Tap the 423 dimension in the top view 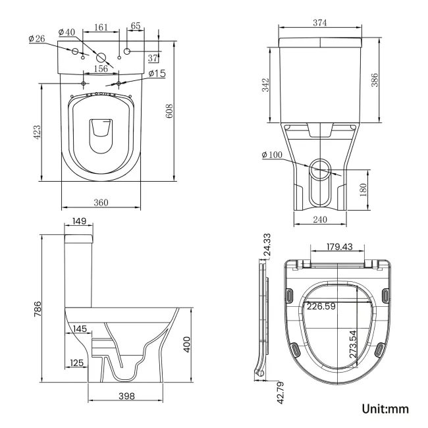coord(38,132)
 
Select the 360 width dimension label coord(100,202)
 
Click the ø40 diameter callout coord(67,32)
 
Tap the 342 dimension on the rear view coord(265,86)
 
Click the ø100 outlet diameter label coord(273,155)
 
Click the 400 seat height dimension coord(186,344)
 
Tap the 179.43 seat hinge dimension coord(340,248)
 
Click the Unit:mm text coord(386,409)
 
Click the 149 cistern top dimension coord(78,221)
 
